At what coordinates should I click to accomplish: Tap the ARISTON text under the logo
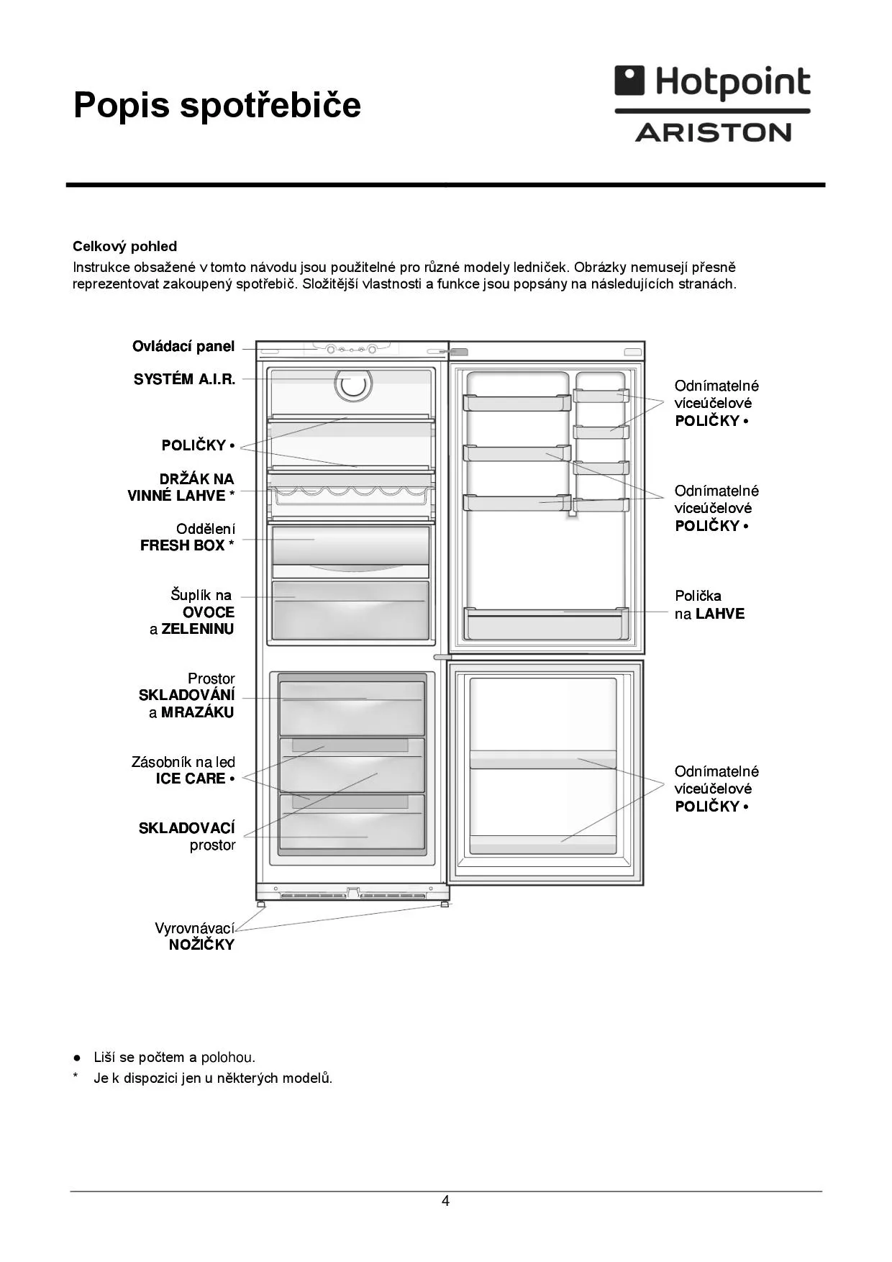coord(713,132)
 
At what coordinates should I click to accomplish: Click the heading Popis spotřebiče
coord(217,105)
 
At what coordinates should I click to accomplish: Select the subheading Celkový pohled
coord(124,247)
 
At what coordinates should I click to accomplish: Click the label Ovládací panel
coord(183,347)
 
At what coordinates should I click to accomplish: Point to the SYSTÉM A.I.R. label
coord(184,380)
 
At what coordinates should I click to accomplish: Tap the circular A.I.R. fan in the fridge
coord(353,384)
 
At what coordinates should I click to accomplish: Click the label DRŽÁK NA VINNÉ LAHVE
coord(181,487)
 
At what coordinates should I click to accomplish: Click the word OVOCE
coord(209,612)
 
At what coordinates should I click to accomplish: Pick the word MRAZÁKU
coord(198,712)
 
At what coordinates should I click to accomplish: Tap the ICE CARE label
coord(191,778)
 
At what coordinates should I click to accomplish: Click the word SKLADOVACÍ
coord(186,829)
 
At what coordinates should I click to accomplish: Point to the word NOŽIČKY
coord(201,945)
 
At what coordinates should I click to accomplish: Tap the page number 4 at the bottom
coord(445,1201)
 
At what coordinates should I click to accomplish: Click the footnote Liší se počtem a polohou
coord(174,1057)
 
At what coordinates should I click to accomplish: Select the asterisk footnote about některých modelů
coord(213,1078)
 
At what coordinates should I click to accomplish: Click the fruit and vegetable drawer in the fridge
coord(350,610)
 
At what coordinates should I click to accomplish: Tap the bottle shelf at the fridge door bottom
coord(545,623)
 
